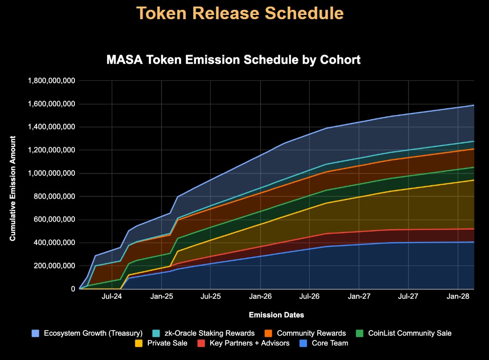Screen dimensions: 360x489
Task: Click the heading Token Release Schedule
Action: (241, 14)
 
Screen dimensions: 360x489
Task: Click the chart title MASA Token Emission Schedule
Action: (233, 60)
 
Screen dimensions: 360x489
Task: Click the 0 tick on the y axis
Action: (73, 289)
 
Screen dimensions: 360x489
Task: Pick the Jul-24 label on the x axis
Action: (112, 296)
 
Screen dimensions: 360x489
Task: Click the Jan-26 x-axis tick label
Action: (260, 296)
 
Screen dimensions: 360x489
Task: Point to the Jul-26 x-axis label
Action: (309, 296)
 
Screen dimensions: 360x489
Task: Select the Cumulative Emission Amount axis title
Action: (13, 188)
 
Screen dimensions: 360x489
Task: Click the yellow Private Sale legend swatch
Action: (139, 343)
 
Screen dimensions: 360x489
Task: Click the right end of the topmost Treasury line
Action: (473, 106)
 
